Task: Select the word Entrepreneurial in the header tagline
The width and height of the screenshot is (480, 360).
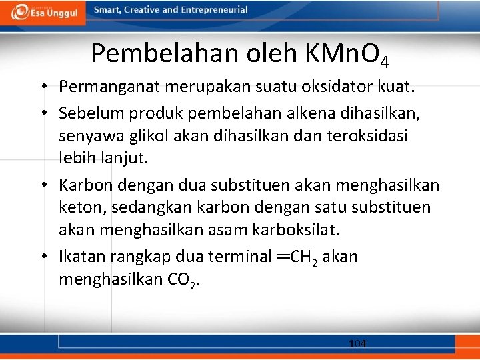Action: pyautogui.click(x=211, y=10)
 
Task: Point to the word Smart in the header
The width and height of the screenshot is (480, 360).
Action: pyautogui.click(x=107, y=10)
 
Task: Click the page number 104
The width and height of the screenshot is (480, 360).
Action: pyautogui.click(x=357, y=343)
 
